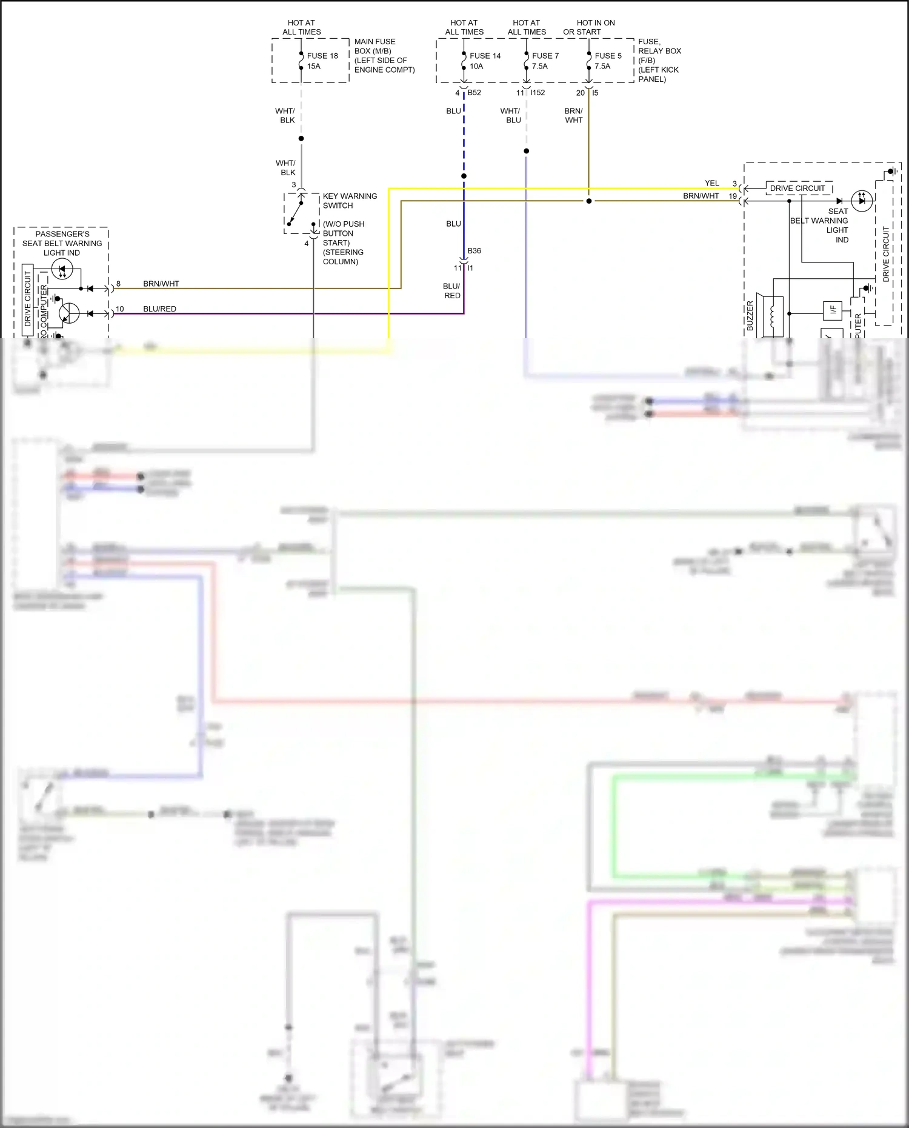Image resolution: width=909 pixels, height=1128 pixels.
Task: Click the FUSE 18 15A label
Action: coord(322,61)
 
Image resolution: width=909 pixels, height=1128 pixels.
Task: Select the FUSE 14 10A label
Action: coord(485,61)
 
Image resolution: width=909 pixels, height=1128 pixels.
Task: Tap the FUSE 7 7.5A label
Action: coord(545,61)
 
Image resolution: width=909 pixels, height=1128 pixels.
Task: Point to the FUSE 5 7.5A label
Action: coord(608,61)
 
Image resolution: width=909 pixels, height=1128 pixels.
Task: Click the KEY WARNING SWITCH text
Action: coord(350,201)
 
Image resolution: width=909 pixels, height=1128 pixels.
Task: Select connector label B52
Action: coord(474,93)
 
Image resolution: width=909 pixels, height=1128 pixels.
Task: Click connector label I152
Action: coord(538,93)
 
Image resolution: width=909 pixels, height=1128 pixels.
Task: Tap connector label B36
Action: coord(474,250)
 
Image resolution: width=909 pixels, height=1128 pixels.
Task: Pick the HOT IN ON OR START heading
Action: coord(589,27)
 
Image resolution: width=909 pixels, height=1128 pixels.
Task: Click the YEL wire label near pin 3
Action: coord(711,183)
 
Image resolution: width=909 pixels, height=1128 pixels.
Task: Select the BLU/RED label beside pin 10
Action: coord(159,309)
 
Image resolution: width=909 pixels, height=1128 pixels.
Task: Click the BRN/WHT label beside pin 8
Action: coord(161,284)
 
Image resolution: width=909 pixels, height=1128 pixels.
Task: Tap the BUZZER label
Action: coord(750,315)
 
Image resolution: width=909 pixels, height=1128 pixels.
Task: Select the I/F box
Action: coord(832,310)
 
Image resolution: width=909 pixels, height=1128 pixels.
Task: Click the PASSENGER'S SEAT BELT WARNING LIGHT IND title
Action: coord(62,243)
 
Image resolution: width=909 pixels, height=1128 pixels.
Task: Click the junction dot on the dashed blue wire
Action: coord(464,176)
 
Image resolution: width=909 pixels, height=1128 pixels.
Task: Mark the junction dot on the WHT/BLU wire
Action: coord(526,151)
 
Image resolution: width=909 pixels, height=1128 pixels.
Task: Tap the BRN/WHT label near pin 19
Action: coord(701,196)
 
